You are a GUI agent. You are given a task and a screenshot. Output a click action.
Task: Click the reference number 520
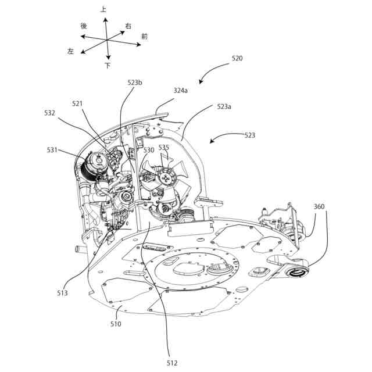(237, 59)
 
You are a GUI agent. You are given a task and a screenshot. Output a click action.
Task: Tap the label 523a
(224, 107)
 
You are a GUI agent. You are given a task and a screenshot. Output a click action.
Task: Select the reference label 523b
(135, 83)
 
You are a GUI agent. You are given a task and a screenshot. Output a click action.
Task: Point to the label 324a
(181, 91)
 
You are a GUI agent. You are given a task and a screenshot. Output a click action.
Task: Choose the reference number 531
(52, 150)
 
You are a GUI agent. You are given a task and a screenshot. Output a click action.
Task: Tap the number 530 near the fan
(149, 149)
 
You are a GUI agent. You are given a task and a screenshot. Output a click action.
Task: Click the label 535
(164, 148)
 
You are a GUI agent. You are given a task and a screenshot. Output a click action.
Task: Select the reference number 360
(319, 206)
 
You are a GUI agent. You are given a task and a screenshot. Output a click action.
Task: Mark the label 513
(62, 293)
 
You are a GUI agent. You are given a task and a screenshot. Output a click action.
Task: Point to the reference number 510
(116, 324)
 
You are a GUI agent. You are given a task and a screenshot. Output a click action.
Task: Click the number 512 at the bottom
(172, 363)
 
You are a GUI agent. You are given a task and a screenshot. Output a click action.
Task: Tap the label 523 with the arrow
(249, 135)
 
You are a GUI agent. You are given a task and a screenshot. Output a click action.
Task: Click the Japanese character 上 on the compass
(103, 9)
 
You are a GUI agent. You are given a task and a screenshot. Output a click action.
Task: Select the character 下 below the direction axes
(108, 66)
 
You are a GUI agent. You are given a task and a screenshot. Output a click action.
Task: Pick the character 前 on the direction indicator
(144, 36)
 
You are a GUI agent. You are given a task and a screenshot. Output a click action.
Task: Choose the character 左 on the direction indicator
(71, 52)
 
